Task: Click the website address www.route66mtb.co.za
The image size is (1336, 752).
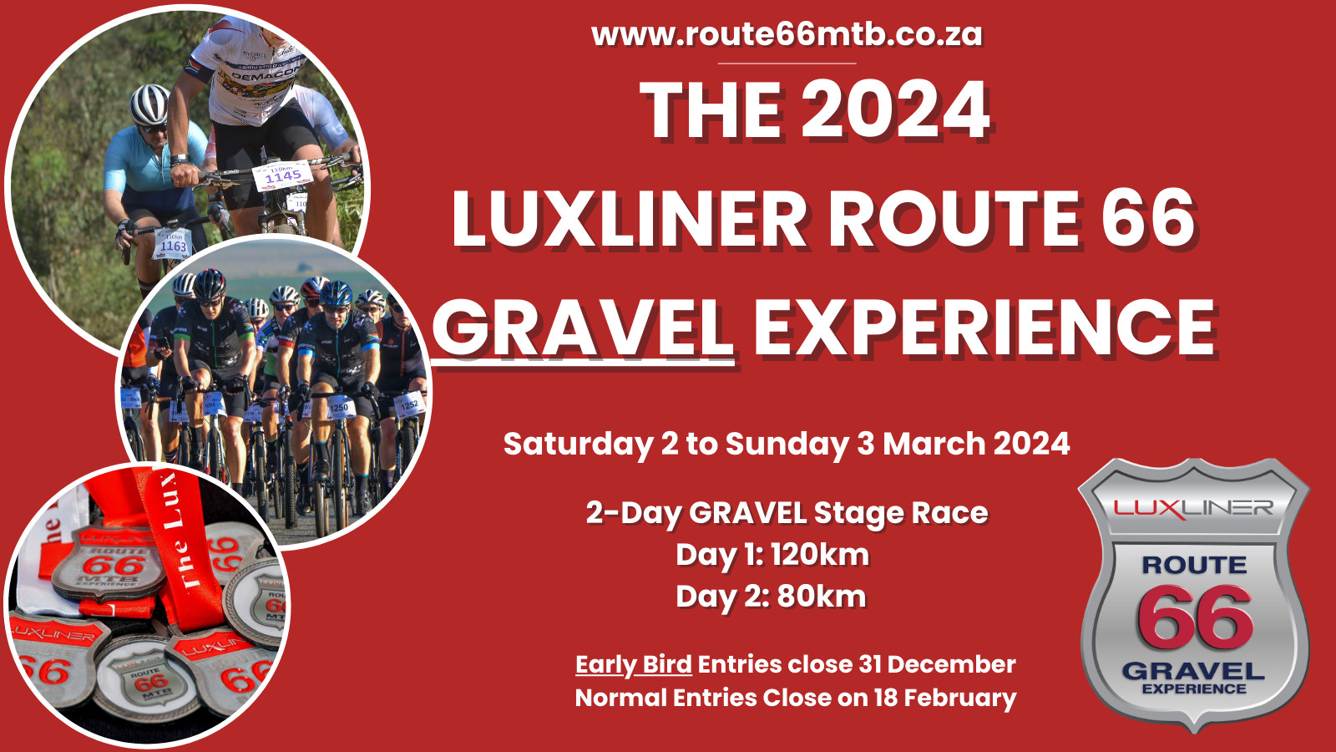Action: [787, 34]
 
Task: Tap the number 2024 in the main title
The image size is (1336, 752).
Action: [897, 110]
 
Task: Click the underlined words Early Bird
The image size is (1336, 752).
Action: [634, 664]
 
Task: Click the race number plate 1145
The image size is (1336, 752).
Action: [283, 175]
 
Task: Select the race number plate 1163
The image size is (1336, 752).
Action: [173, 244]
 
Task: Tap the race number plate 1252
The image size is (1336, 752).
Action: [409, 405]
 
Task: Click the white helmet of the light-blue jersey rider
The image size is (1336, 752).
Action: [149, 104]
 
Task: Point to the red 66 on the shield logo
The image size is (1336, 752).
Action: [1195, 617]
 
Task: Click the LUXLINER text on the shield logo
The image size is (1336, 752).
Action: [1193, 507]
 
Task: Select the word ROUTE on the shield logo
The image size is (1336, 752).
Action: [1195, 565]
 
